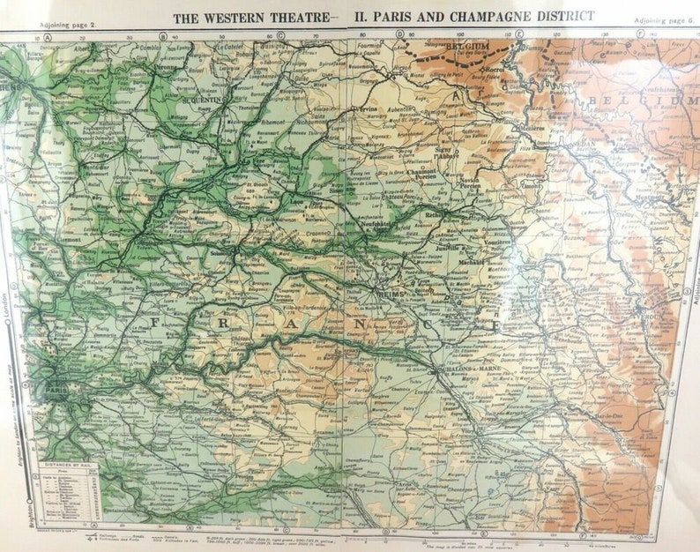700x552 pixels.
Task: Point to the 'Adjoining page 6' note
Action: pos(666,19)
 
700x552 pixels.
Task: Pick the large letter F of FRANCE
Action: pos(154,323)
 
